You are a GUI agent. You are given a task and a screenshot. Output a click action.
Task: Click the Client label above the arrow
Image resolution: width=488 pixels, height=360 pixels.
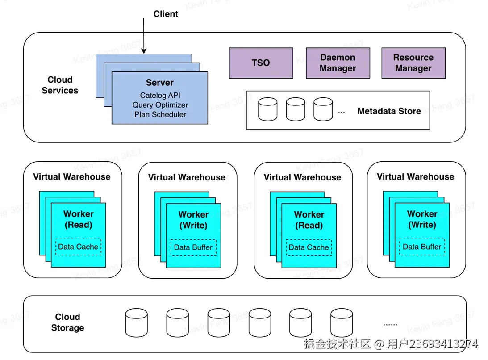[166, 14]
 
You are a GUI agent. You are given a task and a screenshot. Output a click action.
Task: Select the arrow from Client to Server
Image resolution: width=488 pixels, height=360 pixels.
[144, 36]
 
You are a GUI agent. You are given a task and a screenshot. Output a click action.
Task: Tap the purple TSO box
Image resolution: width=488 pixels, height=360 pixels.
[261, 63]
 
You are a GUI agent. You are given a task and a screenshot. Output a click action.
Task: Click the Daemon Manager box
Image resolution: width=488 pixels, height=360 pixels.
[338, 63]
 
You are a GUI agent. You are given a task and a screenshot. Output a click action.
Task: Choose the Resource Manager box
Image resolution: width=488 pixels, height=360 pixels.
[413, 63]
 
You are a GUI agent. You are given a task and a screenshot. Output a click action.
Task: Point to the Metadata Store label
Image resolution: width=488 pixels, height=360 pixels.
[389, 111]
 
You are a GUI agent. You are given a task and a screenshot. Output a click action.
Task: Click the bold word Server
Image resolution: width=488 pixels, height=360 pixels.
[159, 83]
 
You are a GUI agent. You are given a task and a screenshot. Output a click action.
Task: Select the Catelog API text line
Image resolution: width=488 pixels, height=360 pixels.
[160, 95]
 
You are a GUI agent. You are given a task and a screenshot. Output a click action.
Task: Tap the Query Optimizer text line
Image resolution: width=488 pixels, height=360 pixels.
[160, 105]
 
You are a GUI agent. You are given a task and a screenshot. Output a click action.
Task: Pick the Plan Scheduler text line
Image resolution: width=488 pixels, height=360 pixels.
[160, 114]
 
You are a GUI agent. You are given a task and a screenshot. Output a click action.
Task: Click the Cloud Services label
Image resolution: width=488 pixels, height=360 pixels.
[60, 85]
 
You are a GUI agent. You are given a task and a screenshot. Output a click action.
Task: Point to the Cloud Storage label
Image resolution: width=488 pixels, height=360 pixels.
[67, 322]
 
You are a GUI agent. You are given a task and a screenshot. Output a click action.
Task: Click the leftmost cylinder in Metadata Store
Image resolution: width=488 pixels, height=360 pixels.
[268, 109]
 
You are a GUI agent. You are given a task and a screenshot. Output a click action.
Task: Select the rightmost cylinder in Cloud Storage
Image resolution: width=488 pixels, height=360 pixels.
[342, 322]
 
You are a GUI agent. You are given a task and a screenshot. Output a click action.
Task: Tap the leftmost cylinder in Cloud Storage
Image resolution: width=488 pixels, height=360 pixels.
[136, 322]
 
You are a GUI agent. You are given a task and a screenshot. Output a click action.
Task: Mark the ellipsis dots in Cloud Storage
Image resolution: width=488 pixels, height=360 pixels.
[390, 324]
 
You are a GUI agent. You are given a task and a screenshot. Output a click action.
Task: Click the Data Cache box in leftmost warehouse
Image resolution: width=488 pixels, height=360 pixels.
[78, 247]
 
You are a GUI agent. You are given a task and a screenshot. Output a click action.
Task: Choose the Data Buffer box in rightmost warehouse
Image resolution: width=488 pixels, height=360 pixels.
[422, 247]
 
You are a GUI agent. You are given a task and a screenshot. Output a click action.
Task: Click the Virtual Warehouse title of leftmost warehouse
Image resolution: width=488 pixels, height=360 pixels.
[71, 176]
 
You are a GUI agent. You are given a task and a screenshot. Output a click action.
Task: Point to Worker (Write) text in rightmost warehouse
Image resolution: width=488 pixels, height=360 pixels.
[422, 219]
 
